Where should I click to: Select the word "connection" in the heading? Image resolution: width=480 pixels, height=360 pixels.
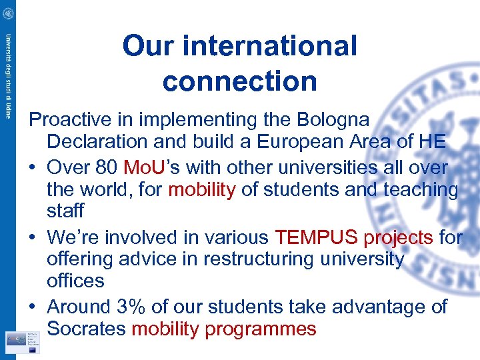point(239,81)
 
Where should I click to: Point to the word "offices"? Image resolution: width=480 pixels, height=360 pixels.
point(75,281)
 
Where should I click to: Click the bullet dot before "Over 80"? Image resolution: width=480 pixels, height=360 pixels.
point(34,167)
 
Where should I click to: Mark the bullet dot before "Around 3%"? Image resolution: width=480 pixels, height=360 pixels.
point(34,307)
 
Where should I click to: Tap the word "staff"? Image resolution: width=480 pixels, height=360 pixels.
point(65,211)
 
